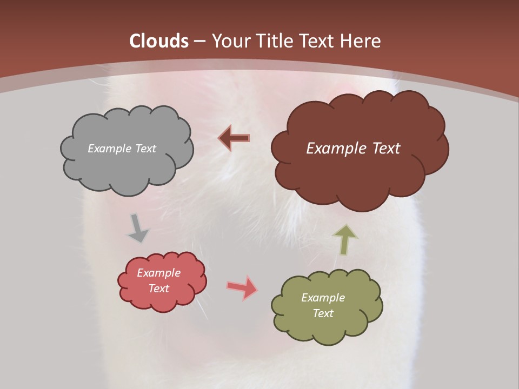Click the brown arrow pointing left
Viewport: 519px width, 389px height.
point(234,138)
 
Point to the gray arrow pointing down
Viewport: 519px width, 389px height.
point(137,228)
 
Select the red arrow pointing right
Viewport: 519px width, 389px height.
point(243,287)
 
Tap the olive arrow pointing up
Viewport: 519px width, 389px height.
point(345,240)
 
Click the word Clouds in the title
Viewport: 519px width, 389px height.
point(159,41)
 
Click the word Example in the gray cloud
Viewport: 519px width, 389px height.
point(109,149)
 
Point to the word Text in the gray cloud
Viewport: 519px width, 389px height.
point(145,149)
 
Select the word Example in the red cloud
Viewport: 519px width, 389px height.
point(159,273)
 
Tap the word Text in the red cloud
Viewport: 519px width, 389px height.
point(159,289)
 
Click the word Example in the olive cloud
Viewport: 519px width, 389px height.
point(323,298)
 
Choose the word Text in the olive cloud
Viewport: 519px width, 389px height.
point(323,313)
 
